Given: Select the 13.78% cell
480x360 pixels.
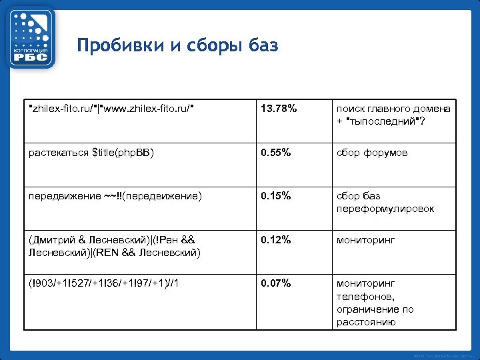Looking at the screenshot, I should click(279, 108).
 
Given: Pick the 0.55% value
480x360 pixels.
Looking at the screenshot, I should click(276, 153).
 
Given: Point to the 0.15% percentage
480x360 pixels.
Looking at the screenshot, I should click(276, 196).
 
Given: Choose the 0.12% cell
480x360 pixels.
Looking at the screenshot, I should click(276, 240).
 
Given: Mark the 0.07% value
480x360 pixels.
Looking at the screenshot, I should click(276, 283).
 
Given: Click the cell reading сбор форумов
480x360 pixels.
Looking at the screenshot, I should click(372, 153).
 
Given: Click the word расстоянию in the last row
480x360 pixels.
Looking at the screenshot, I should click(366, 322).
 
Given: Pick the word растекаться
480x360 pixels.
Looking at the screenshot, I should click(59, 153).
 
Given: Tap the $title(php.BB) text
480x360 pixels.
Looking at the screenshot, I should click(123, 153).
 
